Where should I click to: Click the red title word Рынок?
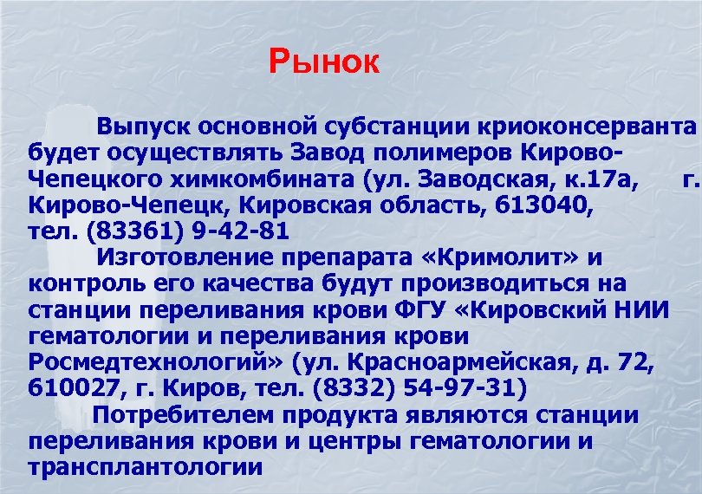coord(324,62)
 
